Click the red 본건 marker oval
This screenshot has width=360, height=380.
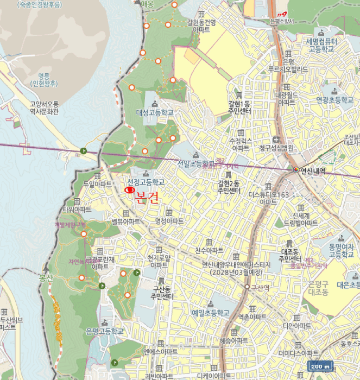pyautogui.click(x=130, y=191)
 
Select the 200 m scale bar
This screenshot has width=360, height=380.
pyautogui.click(x=320, y=366)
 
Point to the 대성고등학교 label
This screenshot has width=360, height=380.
pyautogui.click(x=155, y=112)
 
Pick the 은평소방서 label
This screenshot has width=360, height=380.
pyautogui.click(x=281, y=21)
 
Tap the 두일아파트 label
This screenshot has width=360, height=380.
pyautogui.click(x=98, y=184)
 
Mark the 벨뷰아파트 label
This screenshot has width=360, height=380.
pyautogui.click(x=126, y=221)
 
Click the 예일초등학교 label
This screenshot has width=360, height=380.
pyautogui.click(x=210, y=313)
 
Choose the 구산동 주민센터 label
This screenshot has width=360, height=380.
pyautogui.click(x=162, y=293)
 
